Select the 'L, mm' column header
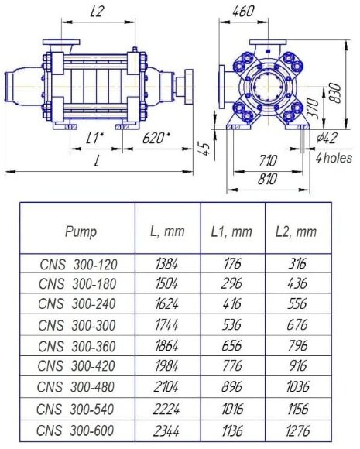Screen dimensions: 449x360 coord(167,231)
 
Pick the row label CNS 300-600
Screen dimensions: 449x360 coord(77,431)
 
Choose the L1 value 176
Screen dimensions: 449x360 coord(231,265)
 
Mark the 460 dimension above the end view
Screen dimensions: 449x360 coord(243,12)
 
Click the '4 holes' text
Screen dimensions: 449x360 coord(334,157)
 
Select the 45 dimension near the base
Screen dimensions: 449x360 coord(205,147)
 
